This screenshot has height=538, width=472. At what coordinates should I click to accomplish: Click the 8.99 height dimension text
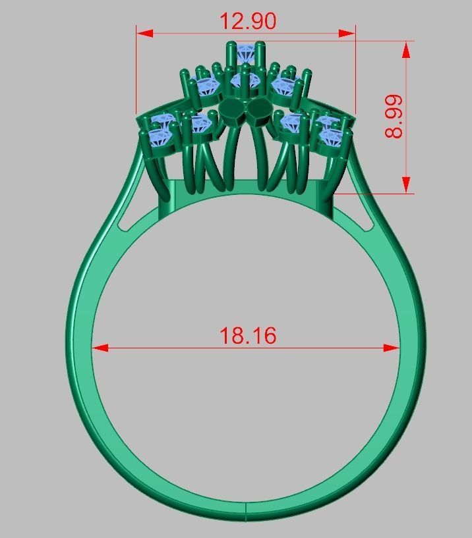394,116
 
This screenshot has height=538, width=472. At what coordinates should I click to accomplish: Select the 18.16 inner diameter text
247,336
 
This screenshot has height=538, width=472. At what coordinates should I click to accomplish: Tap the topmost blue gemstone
246,49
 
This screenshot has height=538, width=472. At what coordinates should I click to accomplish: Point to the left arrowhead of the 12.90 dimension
144,33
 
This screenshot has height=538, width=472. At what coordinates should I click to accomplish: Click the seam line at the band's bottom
246,511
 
